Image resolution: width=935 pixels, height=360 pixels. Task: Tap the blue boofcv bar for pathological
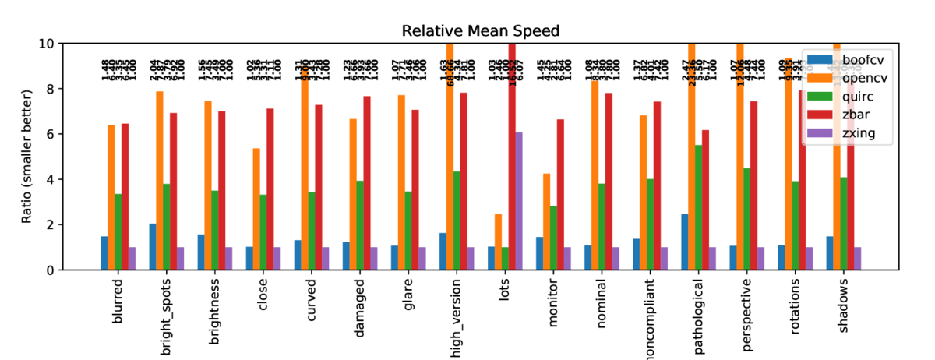[x=684, y=242]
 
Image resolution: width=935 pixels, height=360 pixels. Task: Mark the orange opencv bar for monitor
[x=546, y=221]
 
